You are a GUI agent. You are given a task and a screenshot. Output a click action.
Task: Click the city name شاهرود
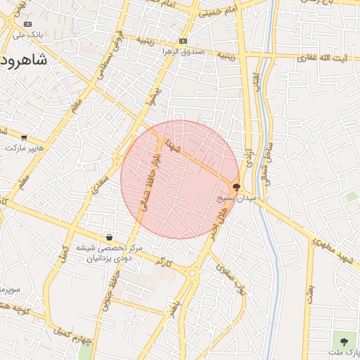24,60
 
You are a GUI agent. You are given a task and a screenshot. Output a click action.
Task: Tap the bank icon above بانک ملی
28,24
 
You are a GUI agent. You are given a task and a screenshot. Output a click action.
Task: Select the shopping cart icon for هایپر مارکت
25,138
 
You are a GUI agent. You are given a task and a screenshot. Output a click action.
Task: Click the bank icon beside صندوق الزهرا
184,41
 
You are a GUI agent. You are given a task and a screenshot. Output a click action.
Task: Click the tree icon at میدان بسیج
236,187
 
